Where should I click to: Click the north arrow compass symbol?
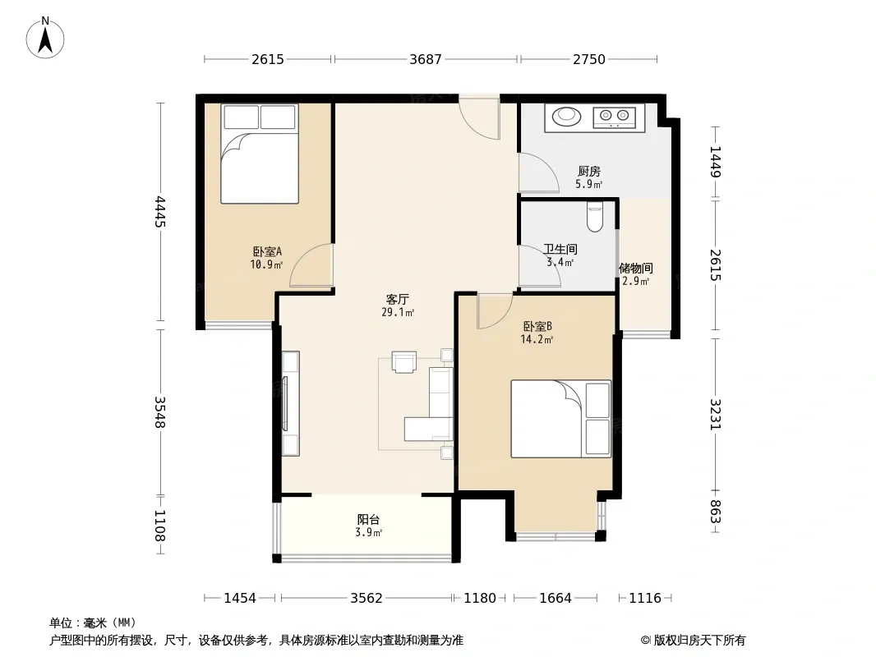click(x=45, y=38)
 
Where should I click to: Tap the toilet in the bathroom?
click(x=595, y=217)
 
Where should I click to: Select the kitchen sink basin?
click(x=566, y=116)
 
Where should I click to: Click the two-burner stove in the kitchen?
click(x=614, y=116)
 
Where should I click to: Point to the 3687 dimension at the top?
click(x=425, y=59)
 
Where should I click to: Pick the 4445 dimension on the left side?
click(x=160, y=212)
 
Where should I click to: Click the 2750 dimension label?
click(x=589, y=59)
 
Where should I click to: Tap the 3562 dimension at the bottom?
click(x=367, y=599)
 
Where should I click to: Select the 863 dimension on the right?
click(x=716, y=512)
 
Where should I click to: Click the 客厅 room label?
click(x=397, y=299)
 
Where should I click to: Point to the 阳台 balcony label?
click(x=368, y=520)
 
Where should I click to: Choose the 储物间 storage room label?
click(x=636, y=269)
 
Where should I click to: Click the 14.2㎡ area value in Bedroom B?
click(x=537, y=339)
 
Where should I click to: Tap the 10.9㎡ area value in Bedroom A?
click(x=266, y=264)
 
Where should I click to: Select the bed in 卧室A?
click(x=260, y=154)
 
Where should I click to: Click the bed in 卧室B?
click(x=561, y=419)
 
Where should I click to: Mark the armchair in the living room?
click(x=404, y=361)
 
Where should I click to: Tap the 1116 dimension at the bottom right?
click(x=645, y=599)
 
